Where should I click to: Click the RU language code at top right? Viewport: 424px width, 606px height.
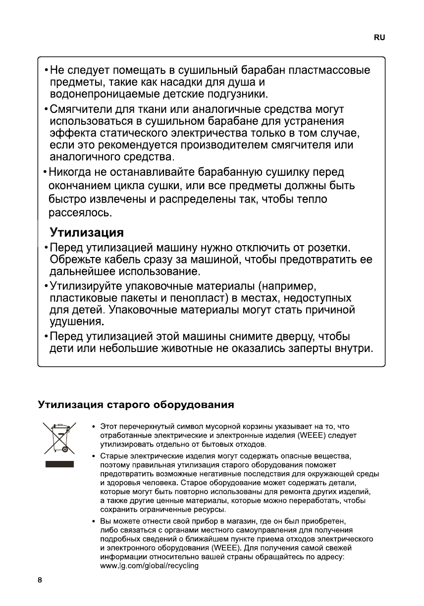(379, 38)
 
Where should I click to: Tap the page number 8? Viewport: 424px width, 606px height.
(41, 580)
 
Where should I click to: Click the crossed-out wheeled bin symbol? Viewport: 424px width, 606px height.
(59, 438)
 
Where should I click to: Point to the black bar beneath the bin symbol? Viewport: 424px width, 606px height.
(59, 464)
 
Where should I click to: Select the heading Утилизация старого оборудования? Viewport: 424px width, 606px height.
(136, 405)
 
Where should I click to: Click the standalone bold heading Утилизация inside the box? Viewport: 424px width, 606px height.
(86, 232)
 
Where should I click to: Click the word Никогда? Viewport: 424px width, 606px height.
(72, 173)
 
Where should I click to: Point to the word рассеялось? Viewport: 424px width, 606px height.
(80, 214)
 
